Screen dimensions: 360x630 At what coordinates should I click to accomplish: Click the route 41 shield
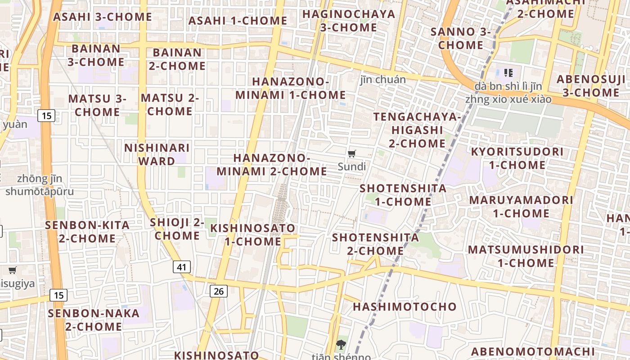click(182, 267)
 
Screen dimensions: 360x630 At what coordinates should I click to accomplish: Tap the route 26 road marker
click(219, 291)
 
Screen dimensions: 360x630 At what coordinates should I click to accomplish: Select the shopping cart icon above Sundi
click(352, 154)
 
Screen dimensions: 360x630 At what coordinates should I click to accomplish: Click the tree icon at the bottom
click(341, 345)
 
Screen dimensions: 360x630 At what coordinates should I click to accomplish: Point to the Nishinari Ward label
click(157, 154)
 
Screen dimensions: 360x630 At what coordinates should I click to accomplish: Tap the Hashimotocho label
click(405, 307)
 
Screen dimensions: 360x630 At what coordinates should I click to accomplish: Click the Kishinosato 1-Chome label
click(253, 234)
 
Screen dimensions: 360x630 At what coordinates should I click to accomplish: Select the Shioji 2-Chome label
click(177, 229)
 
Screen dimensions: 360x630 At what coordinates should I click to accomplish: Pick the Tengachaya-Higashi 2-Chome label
click(417, 130)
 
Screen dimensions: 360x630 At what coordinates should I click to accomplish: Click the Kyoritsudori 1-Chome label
click(517, 158)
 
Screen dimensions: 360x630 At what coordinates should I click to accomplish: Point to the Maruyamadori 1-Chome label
click(521, 207)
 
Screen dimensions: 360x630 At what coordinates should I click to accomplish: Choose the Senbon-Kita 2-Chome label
click(87, 232)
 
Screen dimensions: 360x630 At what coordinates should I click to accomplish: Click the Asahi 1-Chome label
click(238, 21)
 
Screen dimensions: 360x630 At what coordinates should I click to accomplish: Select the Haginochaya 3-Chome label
click(349, 21)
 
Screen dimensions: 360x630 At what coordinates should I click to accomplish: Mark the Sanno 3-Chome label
click(460, 38)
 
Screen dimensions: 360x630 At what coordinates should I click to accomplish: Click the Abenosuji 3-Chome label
click(591, 86)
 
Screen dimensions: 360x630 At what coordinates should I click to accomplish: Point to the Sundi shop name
click(352, 167)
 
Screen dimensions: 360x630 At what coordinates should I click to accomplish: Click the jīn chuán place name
click(383, 80)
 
